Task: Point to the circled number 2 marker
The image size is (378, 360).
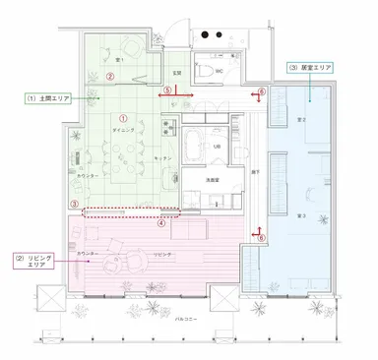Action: [x=111, y=76]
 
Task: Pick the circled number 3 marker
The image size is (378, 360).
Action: [x=74, y=205]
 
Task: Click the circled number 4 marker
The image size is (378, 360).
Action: [x=161, y=220]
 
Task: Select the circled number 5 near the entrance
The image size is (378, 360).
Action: [x=168, y=90]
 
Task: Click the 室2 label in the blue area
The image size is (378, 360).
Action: [x=300, y=119]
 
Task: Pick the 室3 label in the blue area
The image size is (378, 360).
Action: [x=299, y=214]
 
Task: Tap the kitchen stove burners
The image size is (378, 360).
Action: [x=191, y=200]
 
